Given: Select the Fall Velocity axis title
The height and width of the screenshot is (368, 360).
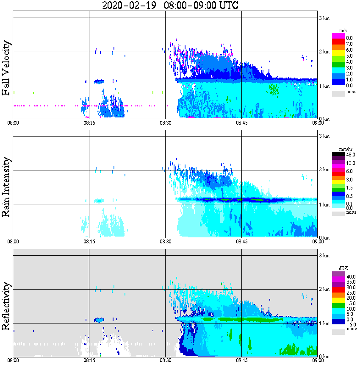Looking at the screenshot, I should click(x=6, y=68).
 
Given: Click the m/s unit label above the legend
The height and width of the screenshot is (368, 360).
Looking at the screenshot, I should click(x=343, y=31).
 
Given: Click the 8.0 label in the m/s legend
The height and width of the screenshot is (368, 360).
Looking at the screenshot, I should click(x=349, y=38).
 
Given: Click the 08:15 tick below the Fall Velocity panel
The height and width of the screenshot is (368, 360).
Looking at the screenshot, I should click(x=89, y=123).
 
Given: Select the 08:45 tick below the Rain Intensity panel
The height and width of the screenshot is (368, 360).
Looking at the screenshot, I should click(x=241, y=242).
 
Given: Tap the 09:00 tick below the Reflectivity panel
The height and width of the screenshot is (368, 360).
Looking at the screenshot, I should click(x=318, y=361).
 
